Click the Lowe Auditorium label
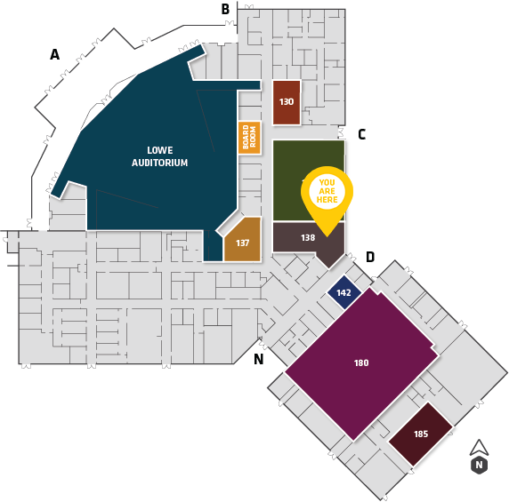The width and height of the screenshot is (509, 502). [x=159, y=156]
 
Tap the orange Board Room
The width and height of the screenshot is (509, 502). [x=249, y=138]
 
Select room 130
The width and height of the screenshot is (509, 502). [x=287, y=102]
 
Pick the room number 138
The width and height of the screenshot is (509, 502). [x=308, y=238]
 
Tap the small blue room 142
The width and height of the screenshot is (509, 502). [x=344, y=292]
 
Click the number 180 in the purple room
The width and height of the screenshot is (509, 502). [x=361, y=363]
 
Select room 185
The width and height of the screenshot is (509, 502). [x=421, y=434]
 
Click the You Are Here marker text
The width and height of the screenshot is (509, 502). [x=327, y=191]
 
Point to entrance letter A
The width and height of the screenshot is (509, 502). [x=54, y=54]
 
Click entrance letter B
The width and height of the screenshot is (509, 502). [x=225, y=9]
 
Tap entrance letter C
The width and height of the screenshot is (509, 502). [x=361, y=134]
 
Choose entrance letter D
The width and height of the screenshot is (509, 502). [x=370, y=257]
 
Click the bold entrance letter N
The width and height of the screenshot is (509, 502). [x=258, y=359]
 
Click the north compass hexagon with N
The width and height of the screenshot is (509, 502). [x=479, y=465]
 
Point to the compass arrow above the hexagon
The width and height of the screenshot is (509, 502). [x=479, y=448]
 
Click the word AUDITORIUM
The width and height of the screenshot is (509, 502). [x=159, y=163]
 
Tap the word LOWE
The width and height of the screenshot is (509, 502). [x=160, y=150]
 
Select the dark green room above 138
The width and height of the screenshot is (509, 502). [x=309, y=180]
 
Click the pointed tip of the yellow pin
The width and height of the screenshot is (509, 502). [x=327, y=236]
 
